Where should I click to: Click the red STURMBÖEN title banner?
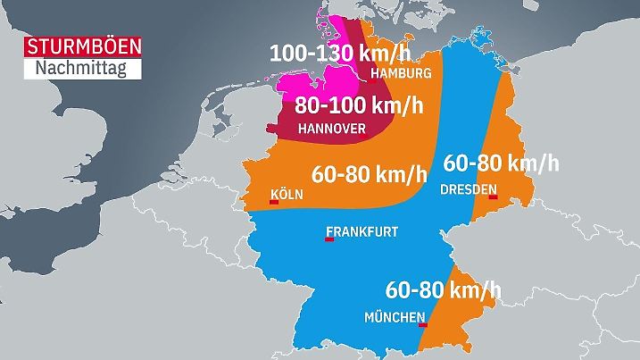tap(82, 47)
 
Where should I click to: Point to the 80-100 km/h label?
tap(359, 105)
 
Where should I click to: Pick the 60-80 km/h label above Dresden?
tap(500, 163)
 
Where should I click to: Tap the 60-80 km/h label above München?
tap(444, 290)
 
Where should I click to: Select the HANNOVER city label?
tap(331, 129)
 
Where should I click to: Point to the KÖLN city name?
tap(287, 194)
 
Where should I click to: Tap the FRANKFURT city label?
tap(362, 231)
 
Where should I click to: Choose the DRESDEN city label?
tap(469, 190)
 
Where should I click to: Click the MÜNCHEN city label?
tap(394, 317)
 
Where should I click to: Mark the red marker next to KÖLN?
tap(273, 203)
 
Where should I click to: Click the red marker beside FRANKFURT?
tap(329, 239)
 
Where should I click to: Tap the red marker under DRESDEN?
tap(490, 198)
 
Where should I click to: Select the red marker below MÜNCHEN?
tap(422, 325)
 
